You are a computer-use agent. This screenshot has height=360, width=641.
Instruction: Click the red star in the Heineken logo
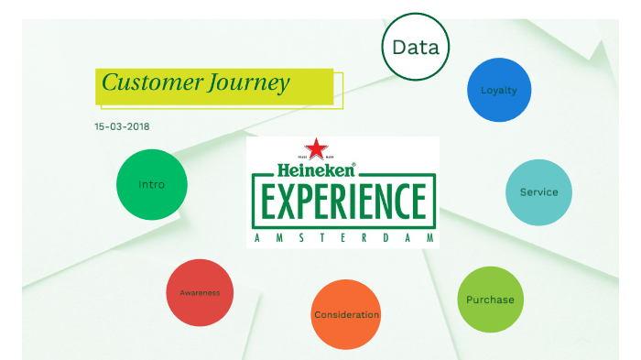316,149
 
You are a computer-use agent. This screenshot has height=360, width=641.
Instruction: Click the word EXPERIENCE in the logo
342,202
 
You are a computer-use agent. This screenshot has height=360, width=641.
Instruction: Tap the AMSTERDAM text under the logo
342,238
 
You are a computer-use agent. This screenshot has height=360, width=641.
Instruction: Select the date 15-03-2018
122,126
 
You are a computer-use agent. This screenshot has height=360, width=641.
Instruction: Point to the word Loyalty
499,90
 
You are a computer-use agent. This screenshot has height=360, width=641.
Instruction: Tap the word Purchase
490,300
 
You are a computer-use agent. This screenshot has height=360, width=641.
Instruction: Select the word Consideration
346,315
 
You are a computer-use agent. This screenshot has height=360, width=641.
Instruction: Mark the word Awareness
200,293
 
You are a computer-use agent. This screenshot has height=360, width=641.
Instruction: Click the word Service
539,192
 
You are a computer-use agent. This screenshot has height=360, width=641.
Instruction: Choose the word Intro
152,184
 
